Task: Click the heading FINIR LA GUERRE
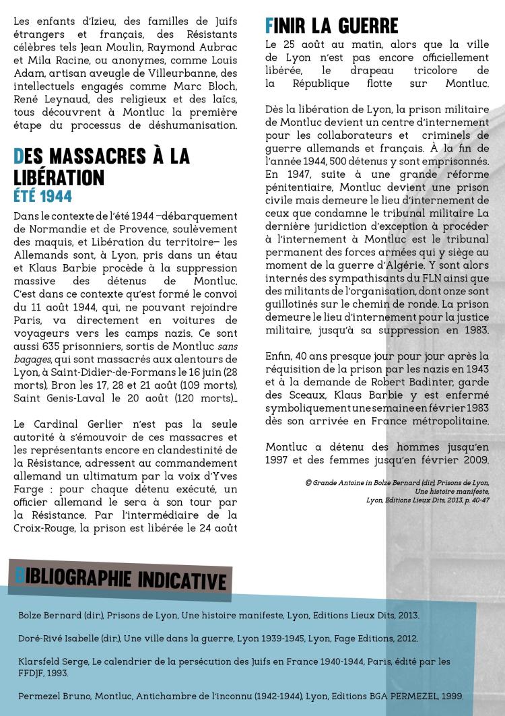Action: coord(332,26)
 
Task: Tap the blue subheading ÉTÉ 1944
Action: coord(42,197)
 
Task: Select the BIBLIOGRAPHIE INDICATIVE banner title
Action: coord(120,579)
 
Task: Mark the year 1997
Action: coord(281,461)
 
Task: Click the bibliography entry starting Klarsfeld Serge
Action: coord(234,667)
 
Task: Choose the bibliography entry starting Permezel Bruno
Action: coord(240,696)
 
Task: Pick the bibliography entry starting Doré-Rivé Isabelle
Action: coord(218,638)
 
